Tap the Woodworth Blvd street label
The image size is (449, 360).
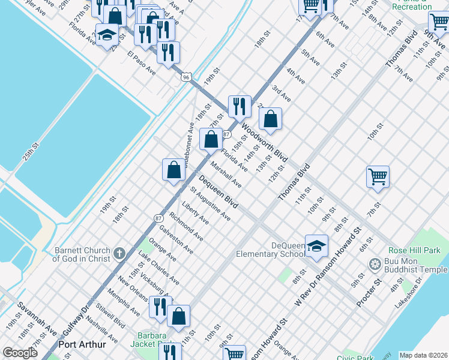(265, 143)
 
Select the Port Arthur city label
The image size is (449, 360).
(82, 345)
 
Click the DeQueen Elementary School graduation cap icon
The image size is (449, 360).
(316, 246)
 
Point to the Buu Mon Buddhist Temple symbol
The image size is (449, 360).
(375, 264)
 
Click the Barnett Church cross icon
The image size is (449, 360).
(119, 254)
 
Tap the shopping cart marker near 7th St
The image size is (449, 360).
(378, 176)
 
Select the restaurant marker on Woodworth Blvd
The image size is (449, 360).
(240, 106)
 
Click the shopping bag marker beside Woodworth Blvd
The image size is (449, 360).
(271, 119)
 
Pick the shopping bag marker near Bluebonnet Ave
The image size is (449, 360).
(211, 139)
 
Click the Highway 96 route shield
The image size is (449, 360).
(187, 77)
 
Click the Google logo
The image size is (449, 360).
(20, 352)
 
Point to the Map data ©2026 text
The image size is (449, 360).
(423, 355)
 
